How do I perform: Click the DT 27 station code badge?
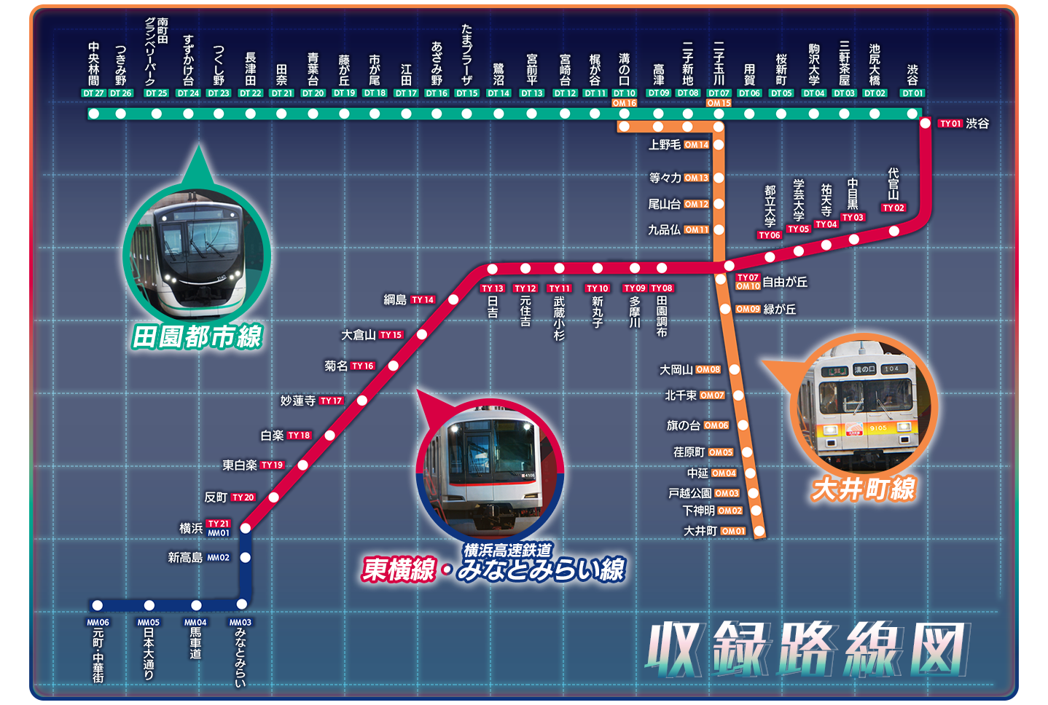pyautogui.click(x=93, y=93)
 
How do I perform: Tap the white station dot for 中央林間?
pyautogui.click(x=93, y=114)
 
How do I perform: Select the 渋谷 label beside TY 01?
pyautogui.click(x=977, y=124)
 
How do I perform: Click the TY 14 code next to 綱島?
pyautogui.click(x=423, y=299)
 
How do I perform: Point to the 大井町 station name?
pyautogui.click(x=700, y=531)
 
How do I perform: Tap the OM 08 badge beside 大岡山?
pyautogui.click(x=708, y=370)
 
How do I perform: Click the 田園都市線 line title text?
pyautogui.click(x=198, y=337)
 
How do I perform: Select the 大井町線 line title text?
pyautogui.click(x=864, y=489)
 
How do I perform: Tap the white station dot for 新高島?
pyautogui.click(x=246, y=558)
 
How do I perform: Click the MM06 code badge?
pyautogui.click(x=98, y=623)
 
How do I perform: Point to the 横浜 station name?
pyautogui.click(x=191, y=528)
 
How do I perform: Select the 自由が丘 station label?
pyautogui.click(x=785, y=282)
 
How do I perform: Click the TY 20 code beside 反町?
pyautogui.click(x=243, y=497)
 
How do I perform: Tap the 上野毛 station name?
pyautogui.click(x=664, y=145)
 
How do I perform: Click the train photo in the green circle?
pyautogui.click(x=197, y=251)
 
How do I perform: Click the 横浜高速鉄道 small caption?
pyautogui.click(x=507, y=550)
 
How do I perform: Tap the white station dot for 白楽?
pyautogui.click(x=329, y=436)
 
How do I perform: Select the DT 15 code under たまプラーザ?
pyautogui.click(x=467, y=93)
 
